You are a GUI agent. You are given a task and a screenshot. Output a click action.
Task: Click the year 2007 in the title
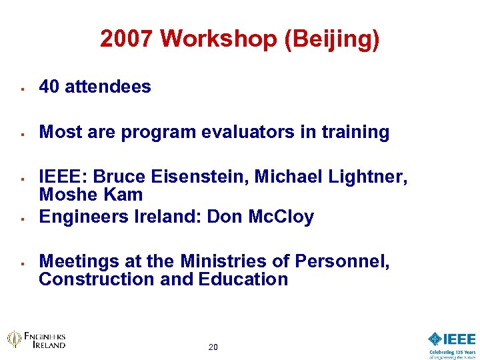click(127, 39)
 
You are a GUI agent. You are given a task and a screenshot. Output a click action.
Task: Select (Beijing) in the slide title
click(332, 39)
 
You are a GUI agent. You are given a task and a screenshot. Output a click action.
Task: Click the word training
click(356, 132)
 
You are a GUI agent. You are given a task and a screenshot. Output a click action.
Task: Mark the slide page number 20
click(213, 347)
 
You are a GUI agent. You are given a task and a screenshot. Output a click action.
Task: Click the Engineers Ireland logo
click(37, 339)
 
